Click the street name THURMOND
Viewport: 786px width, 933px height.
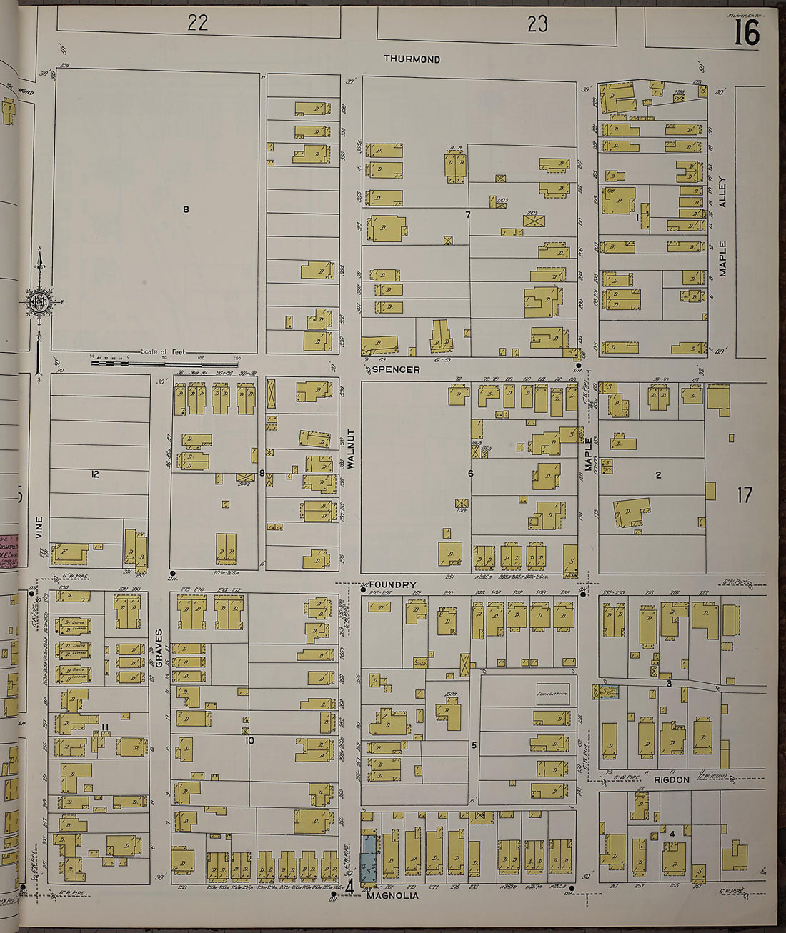click(412, 59)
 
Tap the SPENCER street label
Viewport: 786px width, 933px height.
click(397, 370)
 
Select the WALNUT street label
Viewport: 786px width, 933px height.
click(351, 449)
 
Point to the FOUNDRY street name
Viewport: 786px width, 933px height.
click(393, 584)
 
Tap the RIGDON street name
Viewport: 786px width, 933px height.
click(672, 779)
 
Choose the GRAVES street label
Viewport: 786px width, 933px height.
click(159, 648)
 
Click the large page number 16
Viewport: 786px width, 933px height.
click(746, 32)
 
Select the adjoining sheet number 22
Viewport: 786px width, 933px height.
click(198, 23)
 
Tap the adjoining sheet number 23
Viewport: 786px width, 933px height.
click(537, 24)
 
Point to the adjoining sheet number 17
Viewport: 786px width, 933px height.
click(745, 494)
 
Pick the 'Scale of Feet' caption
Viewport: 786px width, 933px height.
click(163, 351)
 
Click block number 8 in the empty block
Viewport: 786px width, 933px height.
click(186, 209)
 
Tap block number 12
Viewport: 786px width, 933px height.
click(95, 474)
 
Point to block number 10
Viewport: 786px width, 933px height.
click(249, 741)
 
